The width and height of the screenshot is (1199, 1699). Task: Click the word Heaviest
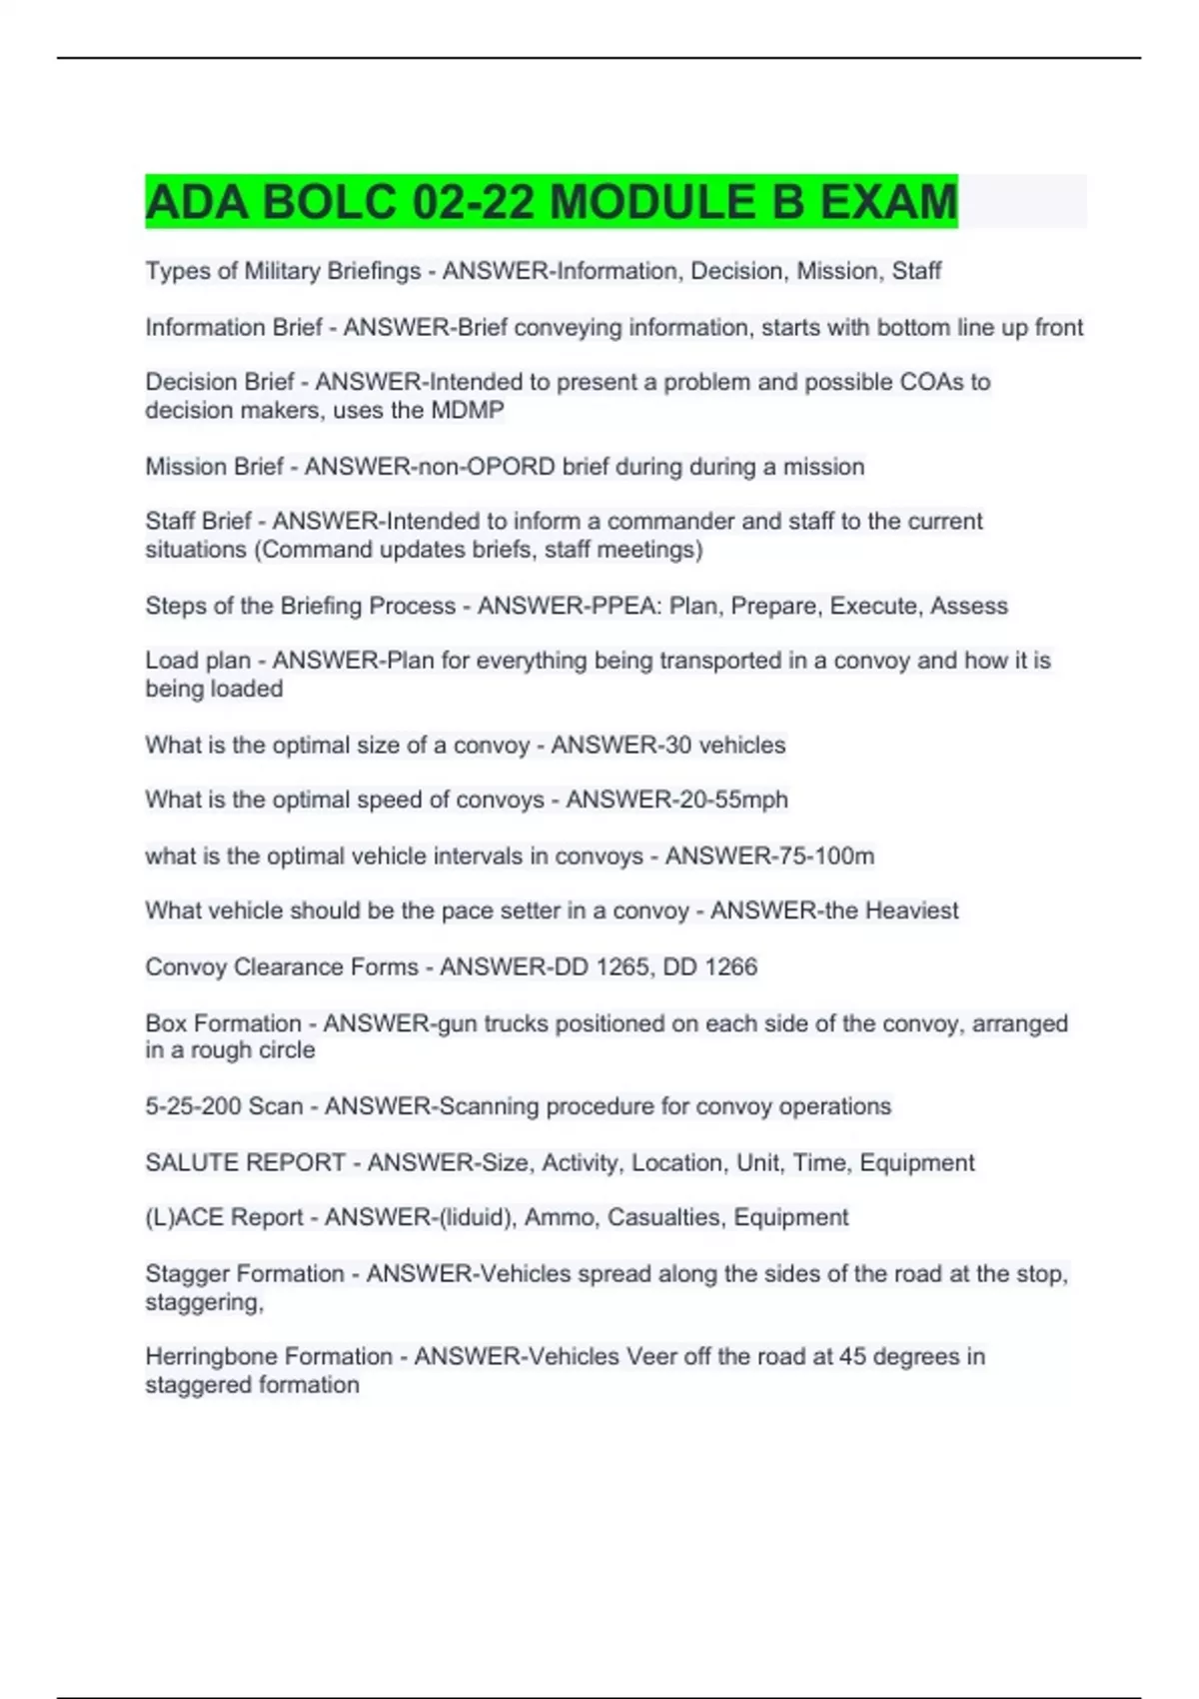(x=911, y=910)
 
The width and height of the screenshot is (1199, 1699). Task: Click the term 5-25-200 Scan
(x=224, y=1106)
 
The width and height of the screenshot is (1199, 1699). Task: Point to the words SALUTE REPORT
(x=245, y=1162)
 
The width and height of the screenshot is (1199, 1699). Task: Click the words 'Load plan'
(x=198, y=661)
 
